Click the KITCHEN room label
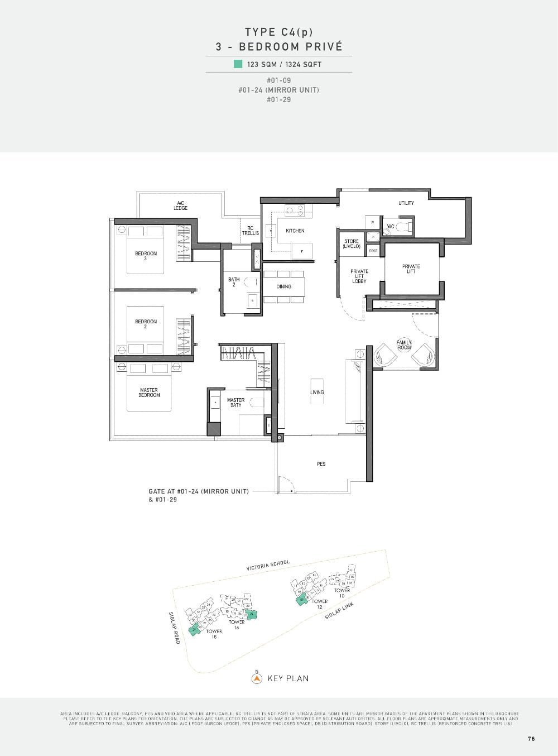295,231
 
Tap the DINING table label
284,286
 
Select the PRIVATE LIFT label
411,269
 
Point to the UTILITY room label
406,203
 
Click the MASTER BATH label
235,402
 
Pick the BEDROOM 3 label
146,256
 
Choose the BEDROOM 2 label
146,324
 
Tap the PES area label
321,464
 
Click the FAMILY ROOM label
404,344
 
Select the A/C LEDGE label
180,205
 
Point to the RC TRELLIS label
250,231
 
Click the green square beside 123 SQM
238,64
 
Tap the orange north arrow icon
257,678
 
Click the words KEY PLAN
288,679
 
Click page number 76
531,739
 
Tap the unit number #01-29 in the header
278,100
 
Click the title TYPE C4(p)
278,32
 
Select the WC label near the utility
391,227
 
